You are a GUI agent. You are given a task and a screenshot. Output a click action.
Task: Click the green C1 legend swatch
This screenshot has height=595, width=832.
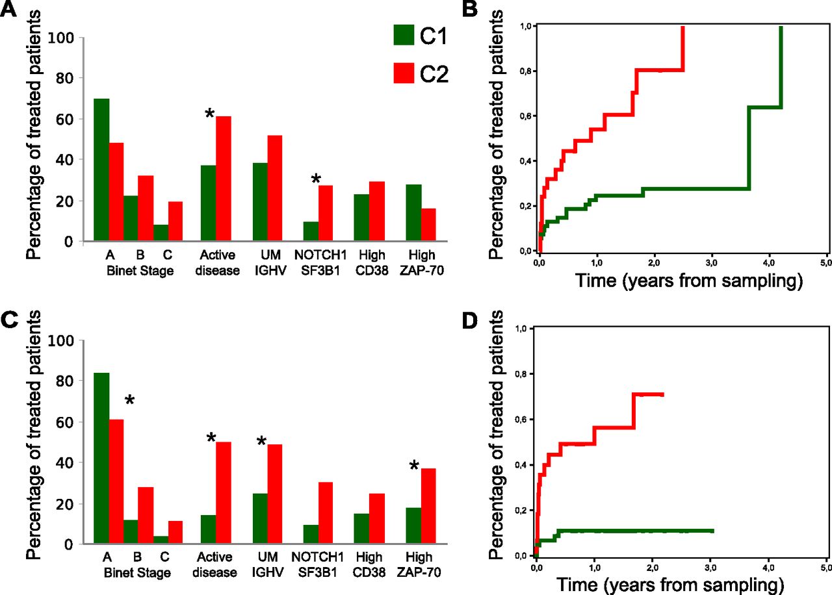pos(403,35)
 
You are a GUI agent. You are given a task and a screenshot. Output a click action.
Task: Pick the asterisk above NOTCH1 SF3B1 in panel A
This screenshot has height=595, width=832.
pos(317,179)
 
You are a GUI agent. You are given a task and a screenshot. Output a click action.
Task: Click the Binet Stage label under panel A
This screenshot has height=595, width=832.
pos(140,271)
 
